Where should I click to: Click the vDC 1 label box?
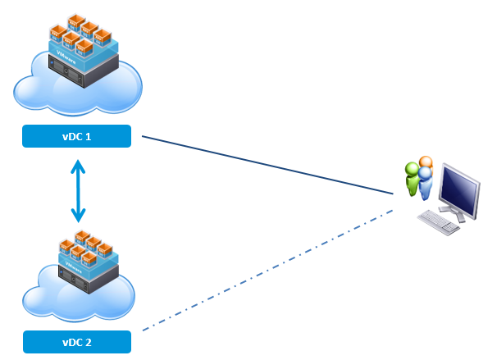77,137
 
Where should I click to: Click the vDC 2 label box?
77,342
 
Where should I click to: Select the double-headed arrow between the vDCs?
78,191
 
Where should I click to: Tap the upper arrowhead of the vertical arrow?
78,165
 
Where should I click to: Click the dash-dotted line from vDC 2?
271,271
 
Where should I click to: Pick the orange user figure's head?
425,162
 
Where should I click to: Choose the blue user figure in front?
425,185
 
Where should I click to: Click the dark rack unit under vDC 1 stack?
82,74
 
